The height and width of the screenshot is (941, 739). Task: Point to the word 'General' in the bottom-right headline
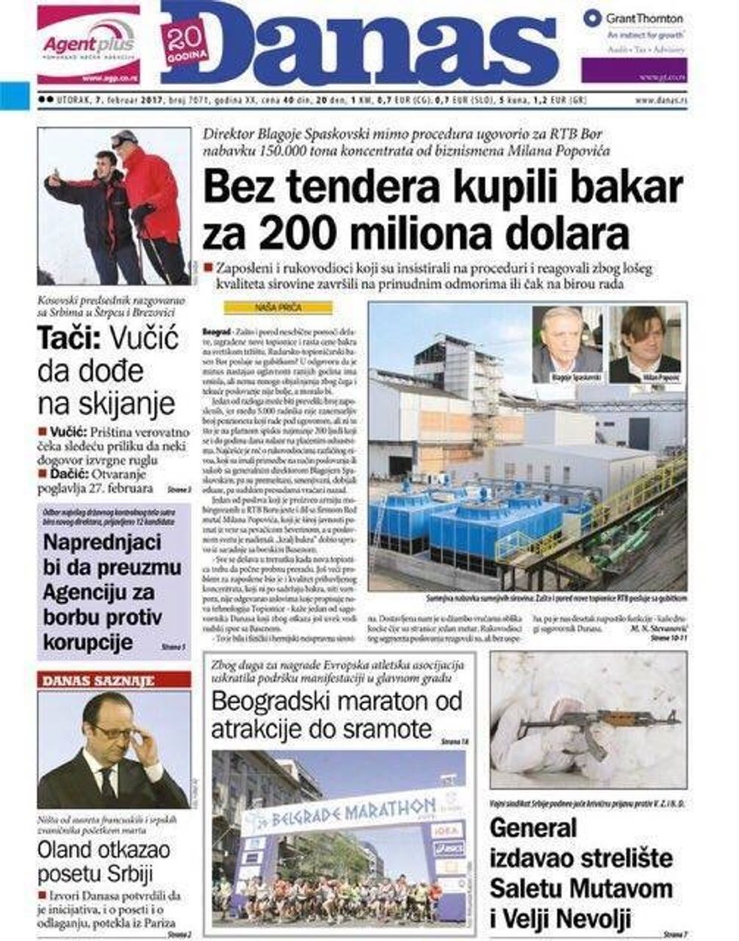click(x=533, y=828)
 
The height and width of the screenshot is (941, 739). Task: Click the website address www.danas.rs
click(x=661, y=100)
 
